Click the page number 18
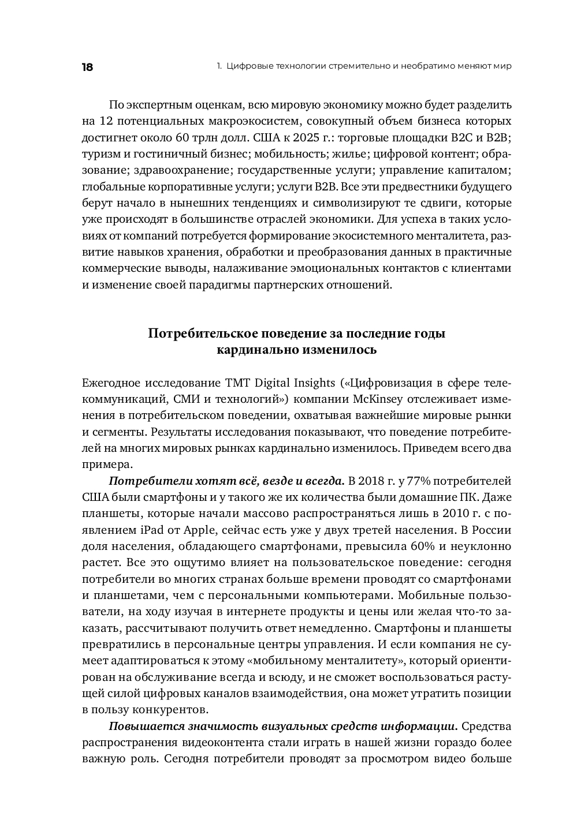pyautogui.click(x=87, y=67)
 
